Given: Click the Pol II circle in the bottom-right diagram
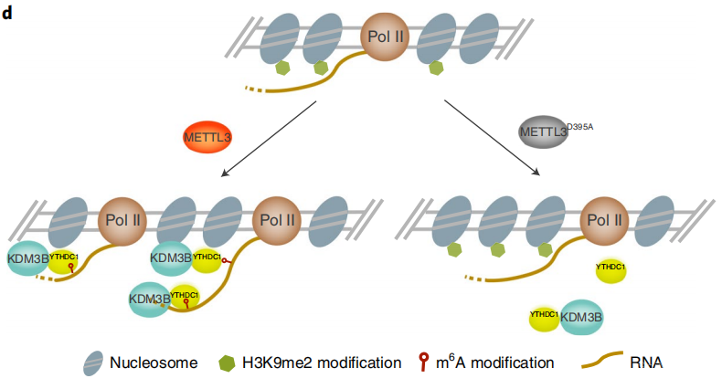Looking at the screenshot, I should (605, 220).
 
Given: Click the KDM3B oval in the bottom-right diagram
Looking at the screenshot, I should (582, 317).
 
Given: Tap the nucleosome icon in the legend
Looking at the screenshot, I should (91, 362).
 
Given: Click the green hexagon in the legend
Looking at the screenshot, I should (226, 363).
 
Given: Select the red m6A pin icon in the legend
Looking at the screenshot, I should (422, 362).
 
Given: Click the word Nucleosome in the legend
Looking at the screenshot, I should (154, 363).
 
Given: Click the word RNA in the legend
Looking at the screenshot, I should (646, 363).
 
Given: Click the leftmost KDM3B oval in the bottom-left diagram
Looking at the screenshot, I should (28, 258).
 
